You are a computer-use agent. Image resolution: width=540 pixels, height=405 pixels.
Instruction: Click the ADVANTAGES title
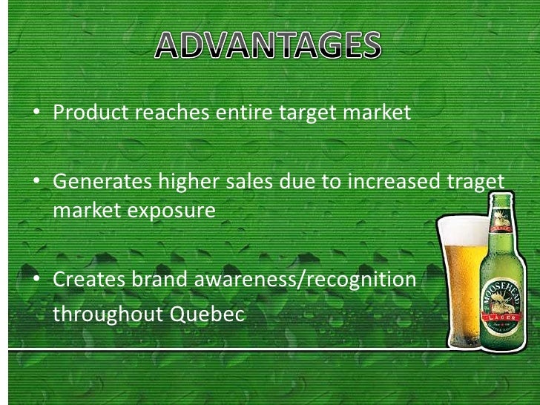(269, 47)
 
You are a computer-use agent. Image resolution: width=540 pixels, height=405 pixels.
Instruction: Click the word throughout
(109, 314)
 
